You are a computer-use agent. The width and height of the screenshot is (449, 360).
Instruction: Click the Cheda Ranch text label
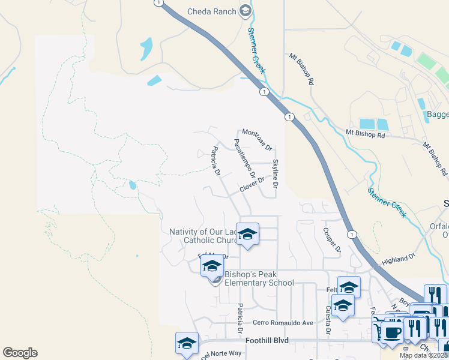(x=212, y=11)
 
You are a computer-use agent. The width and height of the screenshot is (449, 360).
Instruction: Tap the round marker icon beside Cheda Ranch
(x=245, y=11)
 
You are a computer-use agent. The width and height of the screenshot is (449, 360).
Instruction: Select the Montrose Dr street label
(x=257, y=140)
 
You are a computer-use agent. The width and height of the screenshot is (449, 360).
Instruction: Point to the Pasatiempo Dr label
(x=244, y=160)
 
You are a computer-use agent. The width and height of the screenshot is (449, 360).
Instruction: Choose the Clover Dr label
(x=252, y=184)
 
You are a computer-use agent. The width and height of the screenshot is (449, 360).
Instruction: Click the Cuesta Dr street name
(x=328, y=320)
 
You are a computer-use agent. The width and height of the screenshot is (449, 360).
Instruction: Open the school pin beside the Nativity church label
(x=247, y=233)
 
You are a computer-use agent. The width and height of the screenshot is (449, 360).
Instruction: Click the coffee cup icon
(x=393, y=332)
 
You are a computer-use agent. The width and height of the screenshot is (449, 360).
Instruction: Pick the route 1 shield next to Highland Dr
(x=352, y=234)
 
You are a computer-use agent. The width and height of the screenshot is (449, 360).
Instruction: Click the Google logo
(x=20, y=353)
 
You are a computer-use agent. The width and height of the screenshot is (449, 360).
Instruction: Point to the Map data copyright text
(x=424, y=355)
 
